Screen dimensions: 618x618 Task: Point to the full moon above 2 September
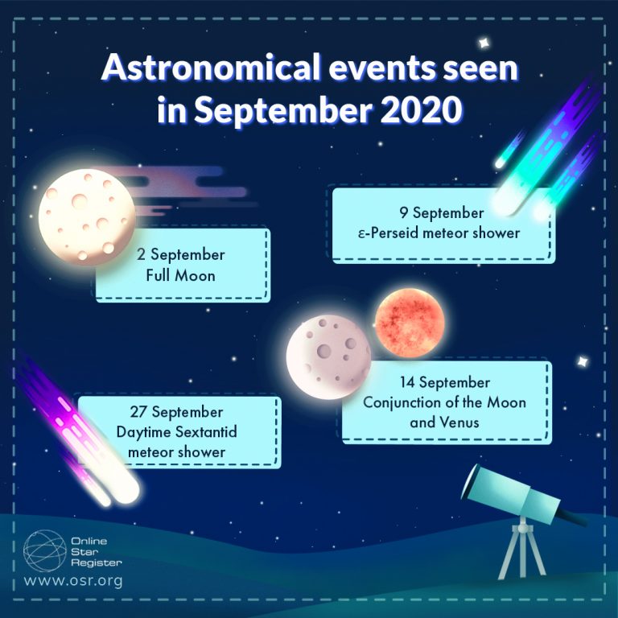(x=87, y=214)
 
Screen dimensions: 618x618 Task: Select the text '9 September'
(x=441, y=214)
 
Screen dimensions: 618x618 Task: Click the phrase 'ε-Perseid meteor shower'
(x=441, y=233)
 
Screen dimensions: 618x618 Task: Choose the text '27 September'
(x=176, y=413)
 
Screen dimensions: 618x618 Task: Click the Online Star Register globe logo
(x=44, y=550)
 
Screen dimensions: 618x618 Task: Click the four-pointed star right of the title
(x=484, y=41)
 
